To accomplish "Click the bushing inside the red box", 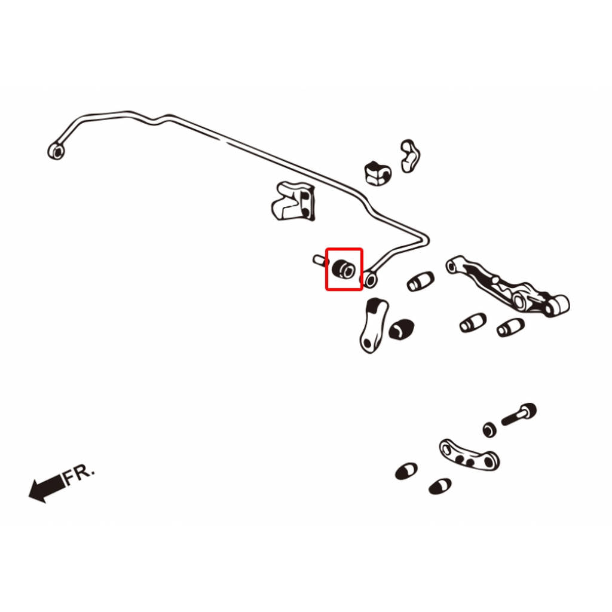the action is [344, 268].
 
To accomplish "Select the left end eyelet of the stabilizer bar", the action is [57, 151].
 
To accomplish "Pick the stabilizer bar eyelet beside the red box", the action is [371, 280].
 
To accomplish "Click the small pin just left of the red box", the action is [320, 260].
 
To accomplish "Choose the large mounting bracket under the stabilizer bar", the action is [293, 201].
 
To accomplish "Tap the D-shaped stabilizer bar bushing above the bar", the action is [378, 173].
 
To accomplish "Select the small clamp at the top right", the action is [410, 156].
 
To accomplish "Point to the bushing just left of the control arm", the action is [420, 281].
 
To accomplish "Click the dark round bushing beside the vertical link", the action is [401, 329].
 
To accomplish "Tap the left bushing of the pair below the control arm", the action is [473, 323].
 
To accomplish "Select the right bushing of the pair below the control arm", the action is [510, 328].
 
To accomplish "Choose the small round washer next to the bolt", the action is [490, 430].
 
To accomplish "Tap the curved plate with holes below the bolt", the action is [469, 455].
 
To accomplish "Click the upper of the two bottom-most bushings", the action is [406, 472].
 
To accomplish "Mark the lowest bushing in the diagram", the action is [440, 486].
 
